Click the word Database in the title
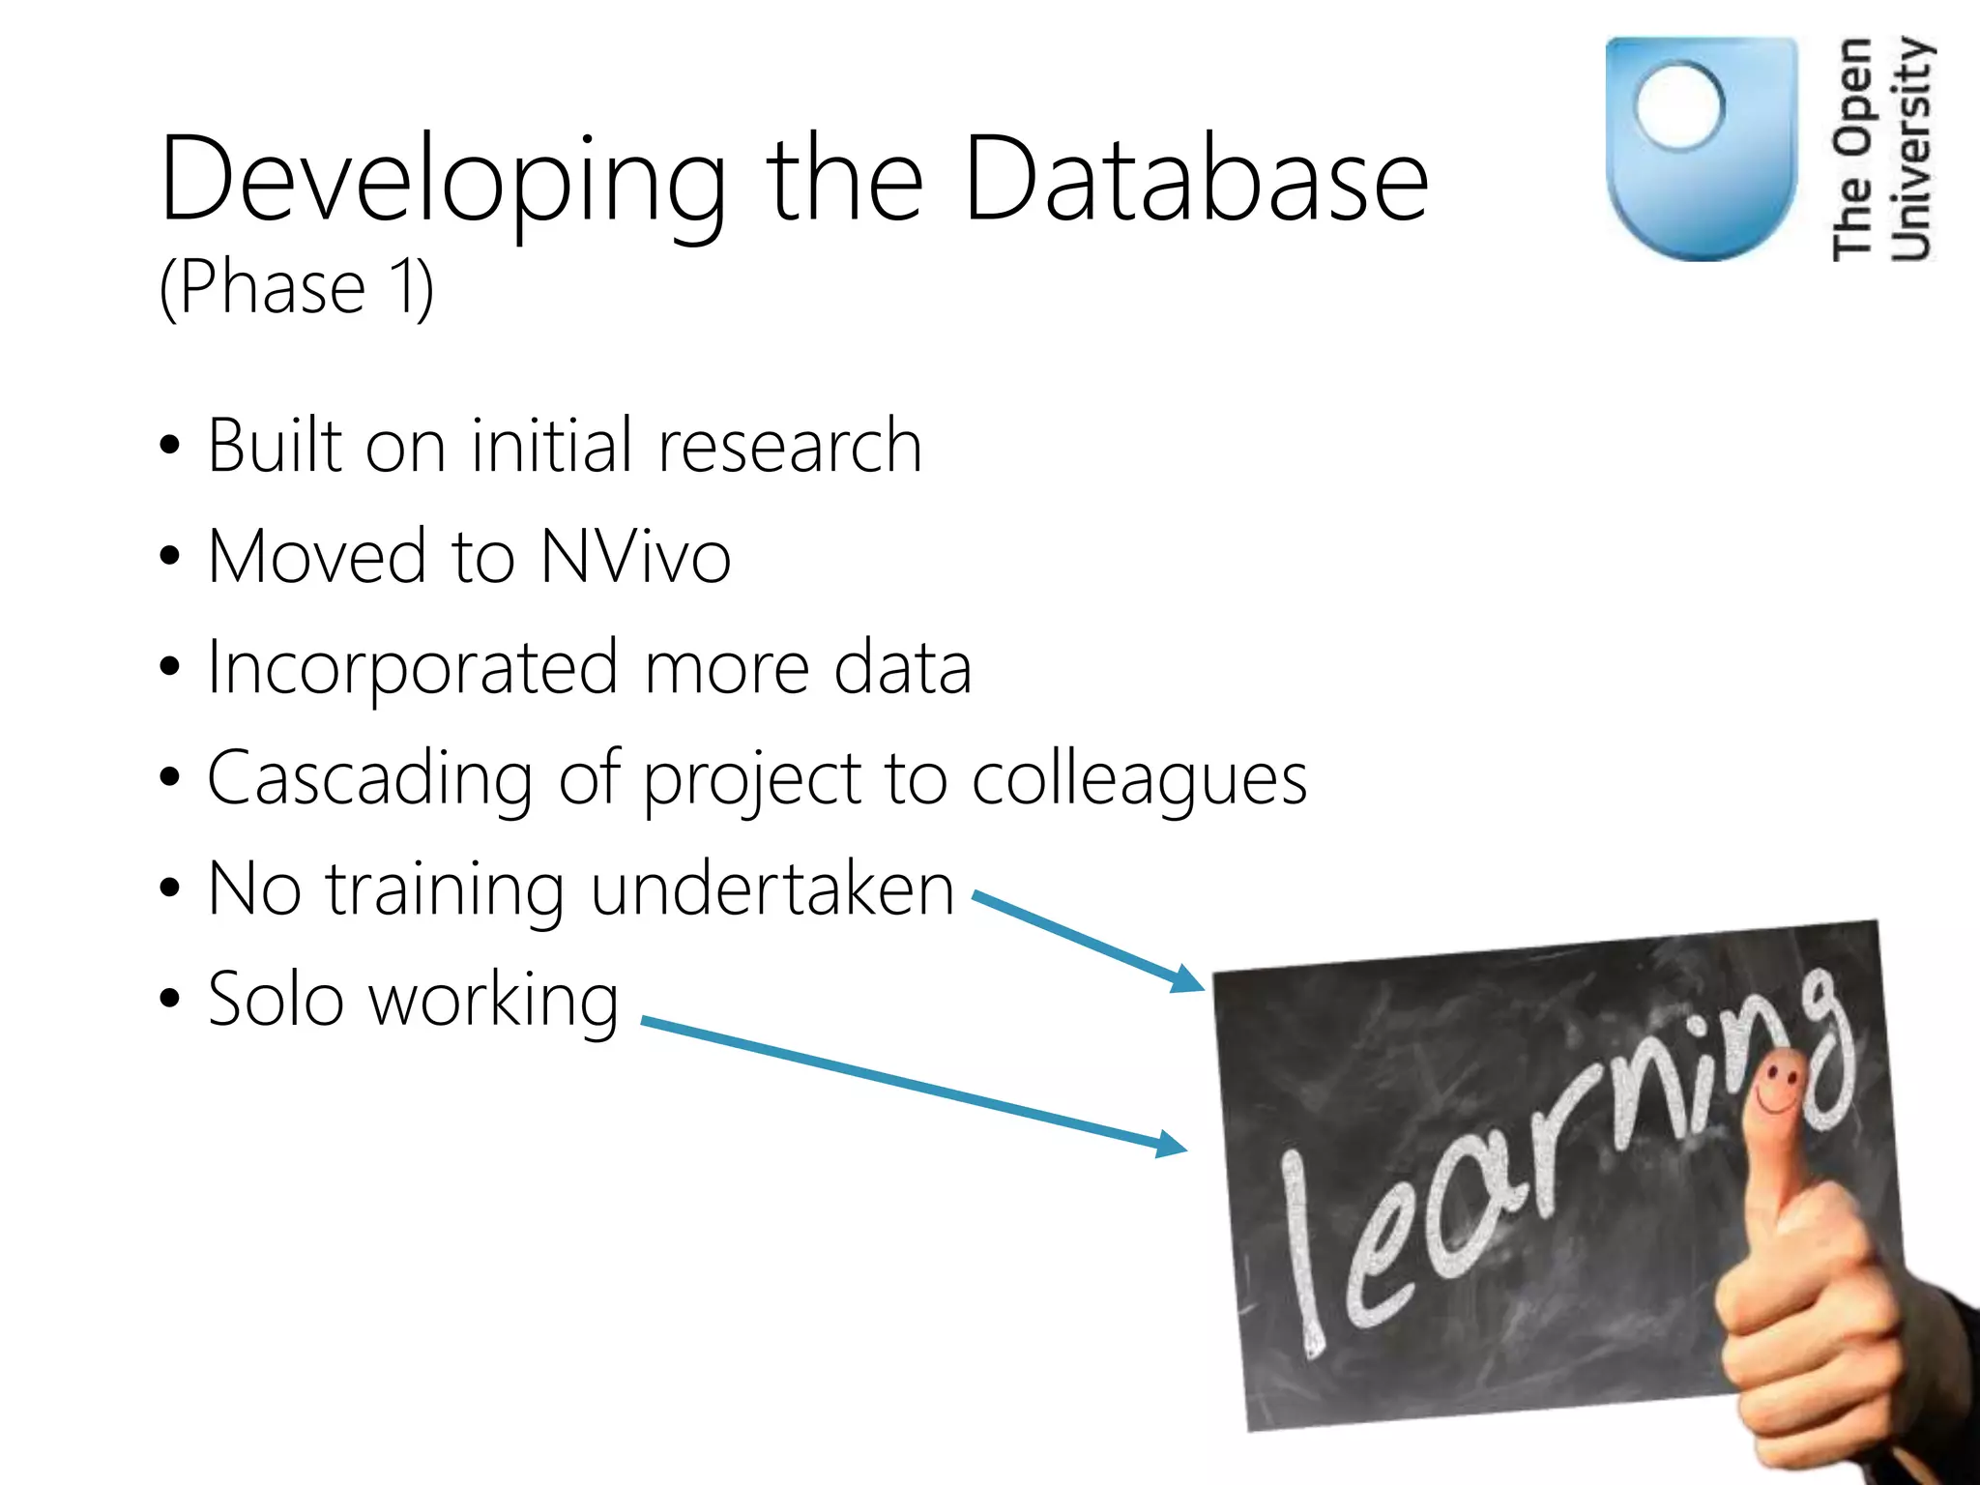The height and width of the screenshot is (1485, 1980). (x=1196, y=179)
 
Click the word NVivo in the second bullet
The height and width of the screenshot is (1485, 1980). (x=635, y=557)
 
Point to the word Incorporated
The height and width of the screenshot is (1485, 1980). (x=413, y=669)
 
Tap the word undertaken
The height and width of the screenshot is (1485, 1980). (x=772, y=889)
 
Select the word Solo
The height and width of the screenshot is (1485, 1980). (x=276, y=1000)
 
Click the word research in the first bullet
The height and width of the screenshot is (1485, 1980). (x=790, y=447)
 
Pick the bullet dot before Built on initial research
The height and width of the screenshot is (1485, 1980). (x=170, y=447)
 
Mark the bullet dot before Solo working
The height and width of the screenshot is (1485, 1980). (x=170, y=1000)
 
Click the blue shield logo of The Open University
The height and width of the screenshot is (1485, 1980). (x=1701, y=150)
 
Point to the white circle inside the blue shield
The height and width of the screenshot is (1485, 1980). (x=1679, y=104)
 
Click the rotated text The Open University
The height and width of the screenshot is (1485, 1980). (x=1881, y=150)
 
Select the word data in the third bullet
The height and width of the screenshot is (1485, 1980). (x=902, y=669)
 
